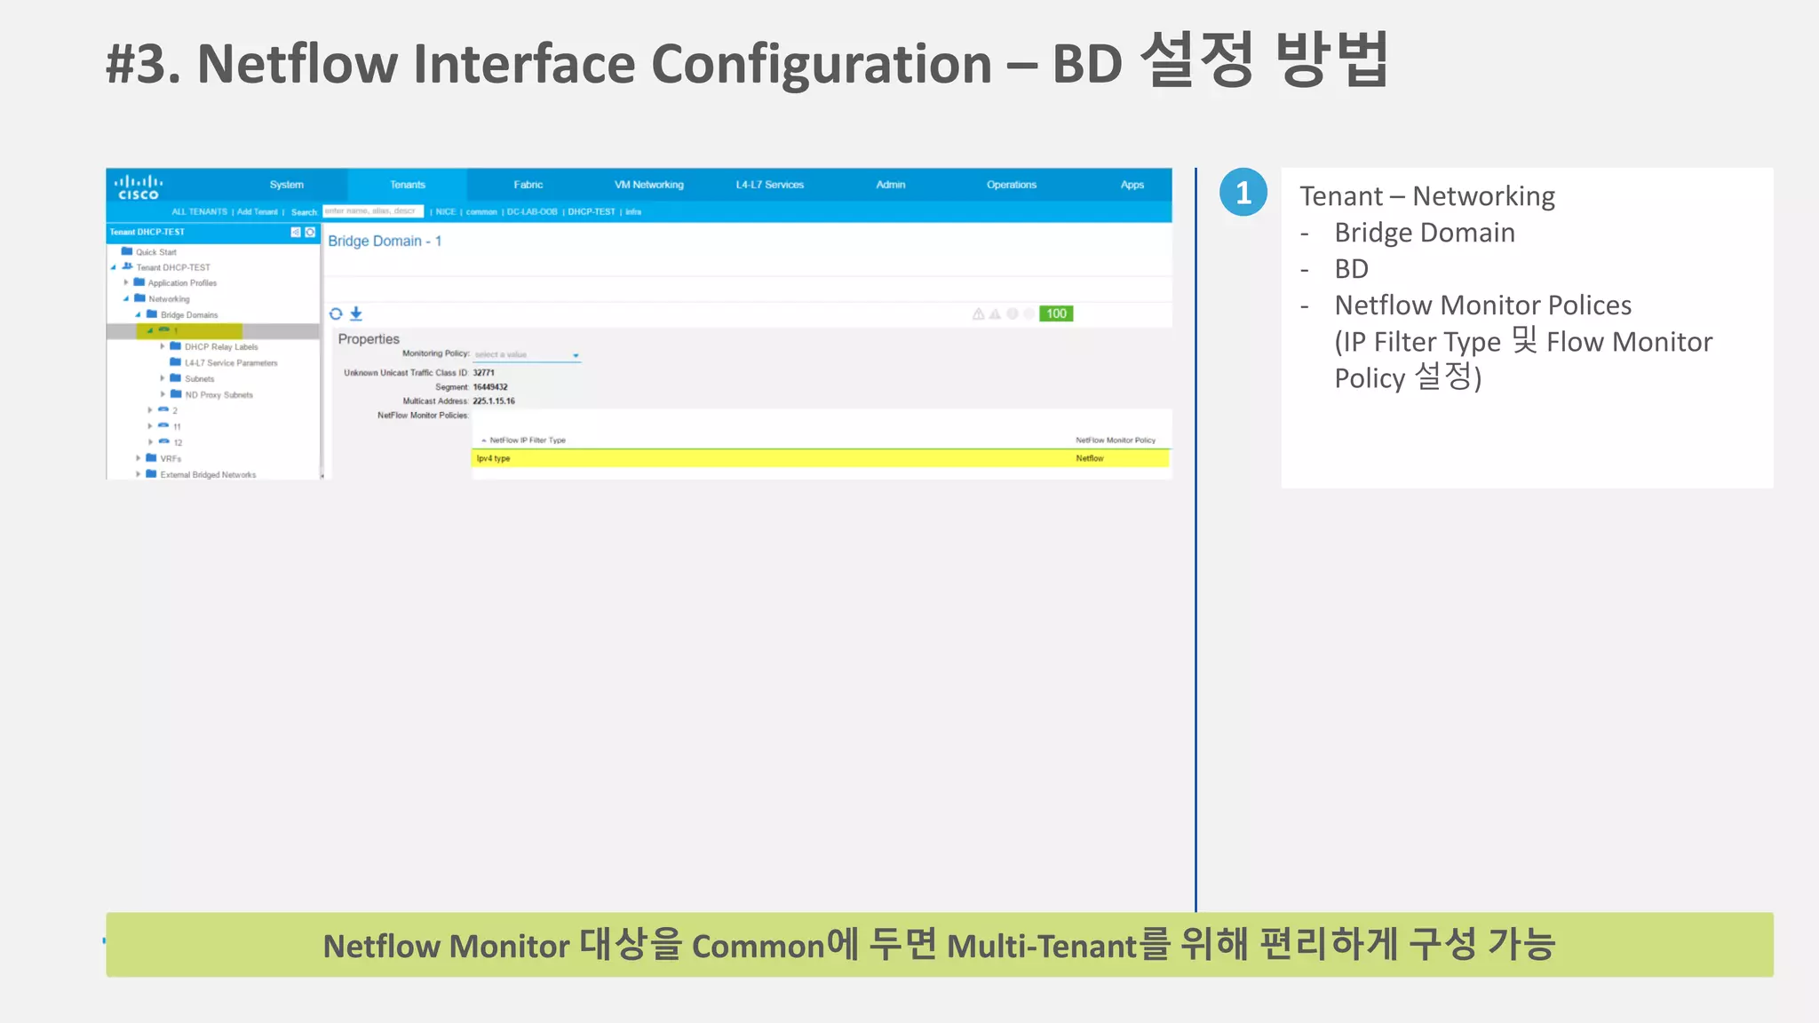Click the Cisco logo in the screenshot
tap(139, 186)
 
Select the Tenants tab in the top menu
tap(408, 185)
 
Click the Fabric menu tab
tap(528, 185)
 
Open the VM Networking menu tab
tap(648, 185)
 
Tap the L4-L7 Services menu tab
tap(769, 185)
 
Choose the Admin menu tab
tap(890, 185)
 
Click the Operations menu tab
tap(1011, 185)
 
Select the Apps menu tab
tap(1132, 185)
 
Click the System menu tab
tap(286, 185)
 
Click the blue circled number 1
tap(1243, 193)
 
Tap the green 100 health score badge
tap(1056, 313)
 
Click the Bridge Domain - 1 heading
tap(385, 241)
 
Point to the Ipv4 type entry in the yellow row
tap(493, 458)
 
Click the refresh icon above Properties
tap(336, 313)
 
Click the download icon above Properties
tap(356, 313)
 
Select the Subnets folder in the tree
tap(199, 379)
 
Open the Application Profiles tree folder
tap(181, 283)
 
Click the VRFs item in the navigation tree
tap(170, 459)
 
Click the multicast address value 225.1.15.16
tap(493, 401)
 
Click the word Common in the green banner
tap(758, 947)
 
